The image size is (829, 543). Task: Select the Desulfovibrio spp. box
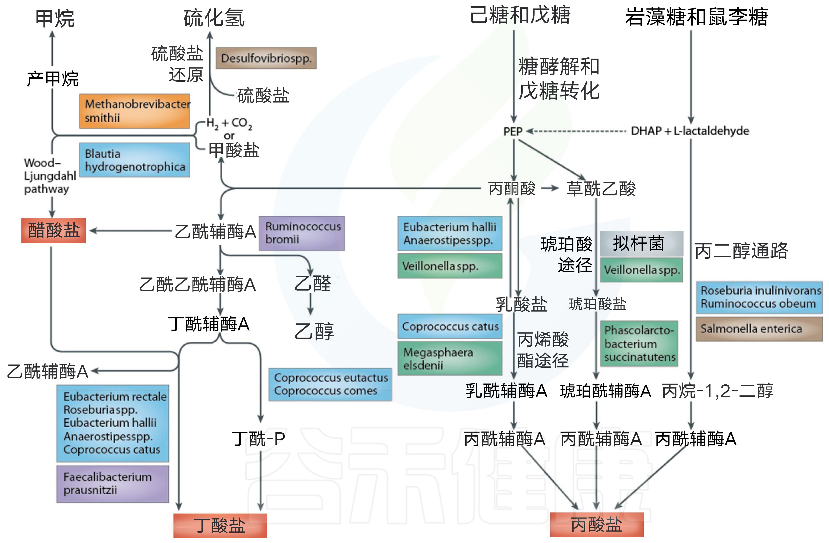click(266, 58)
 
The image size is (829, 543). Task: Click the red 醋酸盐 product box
click(54, 230)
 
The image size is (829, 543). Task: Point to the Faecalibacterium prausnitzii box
click(113, 484)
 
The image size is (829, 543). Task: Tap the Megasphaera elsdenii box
click(450, 358)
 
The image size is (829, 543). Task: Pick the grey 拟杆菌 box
click(641, 243)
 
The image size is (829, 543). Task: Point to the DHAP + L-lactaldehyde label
click(690, 131)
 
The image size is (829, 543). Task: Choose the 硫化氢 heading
click(214, 18)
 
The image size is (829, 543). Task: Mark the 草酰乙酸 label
click(601, 188)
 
